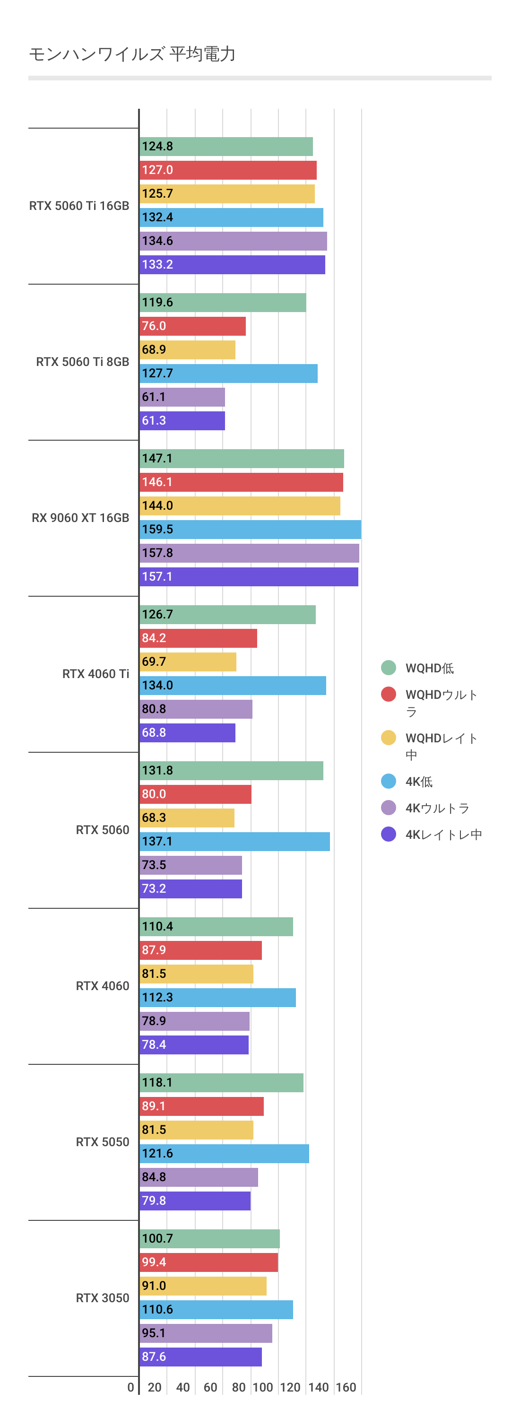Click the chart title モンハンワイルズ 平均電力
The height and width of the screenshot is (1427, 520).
132,54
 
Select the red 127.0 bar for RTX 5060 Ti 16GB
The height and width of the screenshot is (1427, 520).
227,170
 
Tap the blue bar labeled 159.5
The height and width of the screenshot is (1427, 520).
250,529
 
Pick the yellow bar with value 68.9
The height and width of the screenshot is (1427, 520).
187,349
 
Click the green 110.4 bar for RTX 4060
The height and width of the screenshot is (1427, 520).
216,926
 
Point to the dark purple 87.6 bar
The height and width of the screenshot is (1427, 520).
200,1357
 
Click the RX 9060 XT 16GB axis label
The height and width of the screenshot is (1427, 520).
80,518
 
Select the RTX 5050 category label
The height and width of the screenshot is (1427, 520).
103,1142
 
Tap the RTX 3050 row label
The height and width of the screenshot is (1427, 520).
103,1298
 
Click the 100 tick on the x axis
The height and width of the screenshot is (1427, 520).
262,1387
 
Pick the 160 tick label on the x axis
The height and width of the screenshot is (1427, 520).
346,1387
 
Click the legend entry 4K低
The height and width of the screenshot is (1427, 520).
419,782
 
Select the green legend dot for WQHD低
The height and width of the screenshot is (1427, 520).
389,668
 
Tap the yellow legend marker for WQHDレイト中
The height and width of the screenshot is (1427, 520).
389,738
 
